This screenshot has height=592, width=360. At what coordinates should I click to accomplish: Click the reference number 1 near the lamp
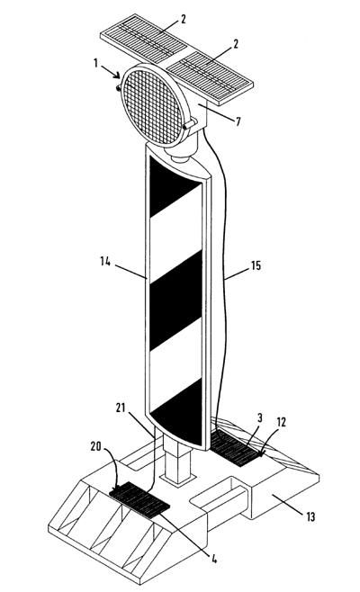[x=96, y=63]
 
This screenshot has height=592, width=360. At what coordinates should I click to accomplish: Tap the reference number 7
[x=238, y=121]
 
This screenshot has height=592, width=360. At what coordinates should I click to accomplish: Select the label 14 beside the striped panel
[x=105, y=261]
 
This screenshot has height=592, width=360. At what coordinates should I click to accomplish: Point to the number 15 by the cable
[x=256, y=265]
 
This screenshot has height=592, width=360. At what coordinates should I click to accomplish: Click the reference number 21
[x=121, y=408]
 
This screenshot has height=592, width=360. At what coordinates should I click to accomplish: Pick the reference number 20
[x=96, y=446]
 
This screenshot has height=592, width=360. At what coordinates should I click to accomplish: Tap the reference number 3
[x=260, y=418]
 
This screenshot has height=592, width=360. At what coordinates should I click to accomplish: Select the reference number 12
[x=281, y=422]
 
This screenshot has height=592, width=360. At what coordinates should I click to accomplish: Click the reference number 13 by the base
[x=310, y=516]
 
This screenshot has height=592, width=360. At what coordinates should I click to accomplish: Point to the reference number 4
[x=214, y=559]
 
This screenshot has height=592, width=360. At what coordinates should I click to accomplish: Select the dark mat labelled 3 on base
[x=236, y=448]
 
